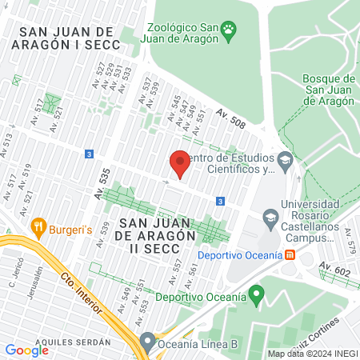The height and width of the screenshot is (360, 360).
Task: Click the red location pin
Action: tap(180, 163)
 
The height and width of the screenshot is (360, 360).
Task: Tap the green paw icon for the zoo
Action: tap(230, 31)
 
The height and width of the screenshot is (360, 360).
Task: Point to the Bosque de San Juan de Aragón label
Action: tap(329, 90)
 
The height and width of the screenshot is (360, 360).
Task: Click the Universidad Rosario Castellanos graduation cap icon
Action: tap(270, 218)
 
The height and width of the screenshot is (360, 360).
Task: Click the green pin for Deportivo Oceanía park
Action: tap(256, 296)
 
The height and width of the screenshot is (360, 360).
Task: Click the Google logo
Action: tap(27, 350)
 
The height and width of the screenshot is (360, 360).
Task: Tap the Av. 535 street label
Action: tap(102, 184)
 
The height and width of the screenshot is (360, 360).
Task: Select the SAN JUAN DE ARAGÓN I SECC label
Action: tap(68, 38)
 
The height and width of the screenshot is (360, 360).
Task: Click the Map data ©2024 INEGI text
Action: tap(312, 354)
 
